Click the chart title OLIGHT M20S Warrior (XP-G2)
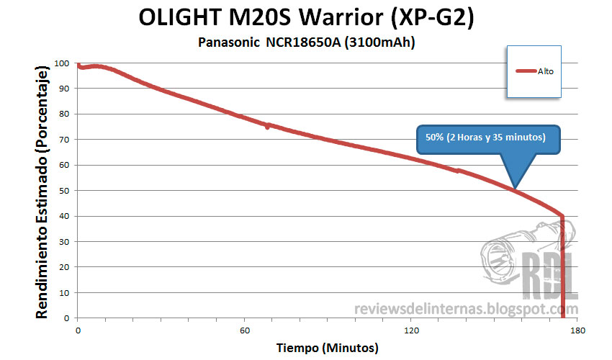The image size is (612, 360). tap(305, 17)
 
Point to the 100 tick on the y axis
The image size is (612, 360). tap(66, 63)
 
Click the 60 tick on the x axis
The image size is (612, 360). tap(245, 330)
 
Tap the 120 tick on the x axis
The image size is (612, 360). tap(411, 330)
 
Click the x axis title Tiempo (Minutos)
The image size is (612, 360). tap(328, 348)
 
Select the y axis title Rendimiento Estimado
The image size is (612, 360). tap(42, 191)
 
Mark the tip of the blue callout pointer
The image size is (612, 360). tap(513, 189)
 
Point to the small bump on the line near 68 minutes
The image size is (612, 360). tap(267, 126)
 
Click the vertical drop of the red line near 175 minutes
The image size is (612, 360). tap(562, 266)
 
